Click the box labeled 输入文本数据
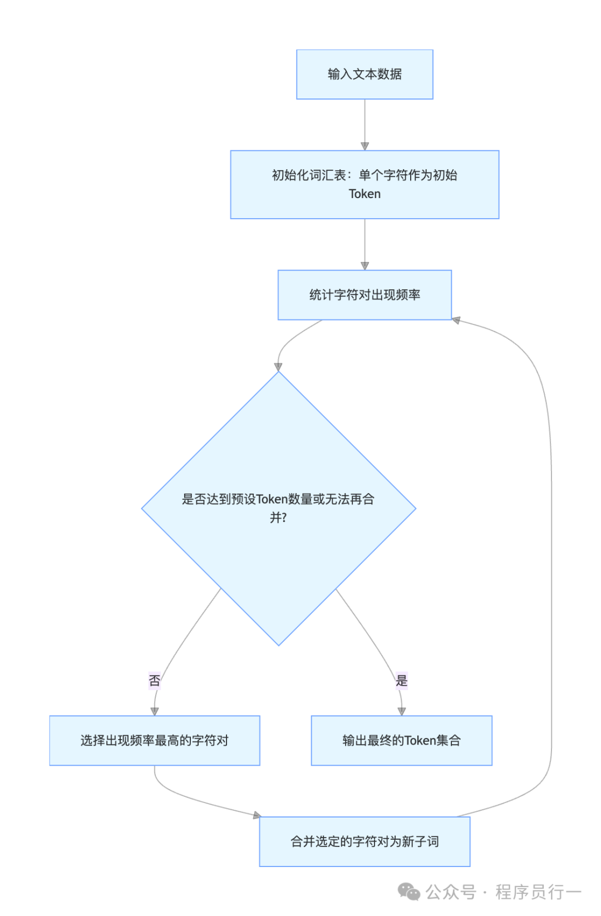click(364, 75)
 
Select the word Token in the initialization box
click(364, 194)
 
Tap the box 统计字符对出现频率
click(364, 295)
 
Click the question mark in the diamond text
click(284, 518)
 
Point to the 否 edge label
click(155, 680)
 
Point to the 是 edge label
click(402, 680)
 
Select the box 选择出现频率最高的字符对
click(155, 741)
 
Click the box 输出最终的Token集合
click(402, 741)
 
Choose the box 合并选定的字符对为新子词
click(364, 841)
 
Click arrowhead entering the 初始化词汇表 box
click(364, 146)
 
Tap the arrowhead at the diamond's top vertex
click(278, 367)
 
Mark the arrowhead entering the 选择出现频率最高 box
click(155, 711)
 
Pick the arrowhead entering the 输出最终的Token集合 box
click(402, 711)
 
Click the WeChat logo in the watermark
click(409, 892)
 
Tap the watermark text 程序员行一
click(538, 892)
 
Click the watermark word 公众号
click(451, 892)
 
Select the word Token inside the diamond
click(272, 499)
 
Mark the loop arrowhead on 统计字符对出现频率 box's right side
click(456, 321)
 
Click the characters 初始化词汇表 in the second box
click(309, 175)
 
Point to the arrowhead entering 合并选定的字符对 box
click(257, 815)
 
